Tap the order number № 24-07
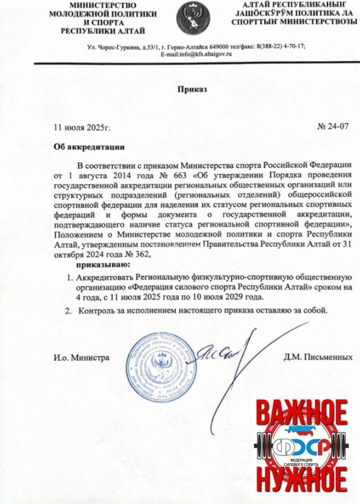click(x=333, y=126)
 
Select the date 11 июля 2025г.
click(x=82, y=127)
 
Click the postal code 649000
click(x=218, y=47)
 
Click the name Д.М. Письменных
click(x=318, y=357)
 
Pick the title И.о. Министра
click(x=81, y=358)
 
